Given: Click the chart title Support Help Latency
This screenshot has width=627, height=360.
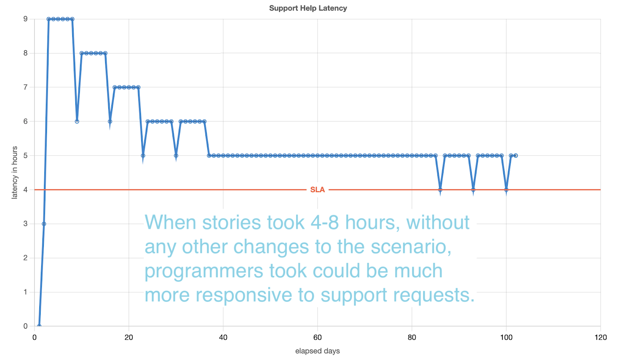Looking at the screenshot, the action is point(308,8).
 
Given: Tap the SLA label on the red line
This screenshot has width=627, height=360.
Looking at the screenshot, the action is point(317,190).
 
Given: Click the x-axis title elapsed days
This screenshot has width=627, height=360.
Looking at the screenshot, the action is point(317,351).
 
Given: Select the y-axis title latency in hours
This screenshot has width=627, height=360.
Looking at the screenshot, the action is point(14,173).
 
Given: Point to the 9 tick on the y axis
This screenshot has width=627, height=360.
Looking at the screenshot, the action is point(25,19).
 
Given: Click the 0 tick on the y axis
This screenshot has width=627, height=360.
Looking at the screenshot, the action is point(25,326).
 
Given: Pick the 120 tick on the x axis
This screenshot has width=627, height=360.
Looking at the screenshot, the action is point(601,337).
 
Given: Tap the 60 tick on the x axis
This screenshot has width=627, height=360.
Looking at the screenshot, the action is point(317,337).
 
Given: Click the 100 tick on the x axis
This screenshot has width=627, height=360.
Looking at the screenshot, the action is point(506,337).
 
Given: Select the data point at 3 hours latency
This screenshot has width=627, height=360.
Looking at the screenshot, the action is point(44,224).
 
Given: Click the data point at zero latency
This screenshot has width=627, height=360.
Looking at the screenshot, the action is point(39,326).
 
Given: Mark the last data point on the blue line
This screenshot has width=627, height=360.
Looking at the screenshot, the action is point(516,155).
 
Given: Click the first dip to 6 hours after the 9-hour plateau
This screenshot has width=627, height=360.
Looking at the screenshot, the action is point(77,121).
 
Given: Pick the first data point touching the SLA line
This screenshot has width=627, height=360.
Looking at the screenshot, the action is point(440,190).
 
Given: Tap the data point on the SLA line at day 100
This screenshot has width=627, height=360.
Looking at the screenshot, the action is point(506,190).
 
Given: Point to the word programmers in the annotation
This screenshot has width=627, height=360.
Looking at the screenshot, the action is point(204,271).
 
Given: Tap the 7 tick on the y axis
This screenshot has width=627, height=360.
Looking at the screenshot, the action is point(25,87).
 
